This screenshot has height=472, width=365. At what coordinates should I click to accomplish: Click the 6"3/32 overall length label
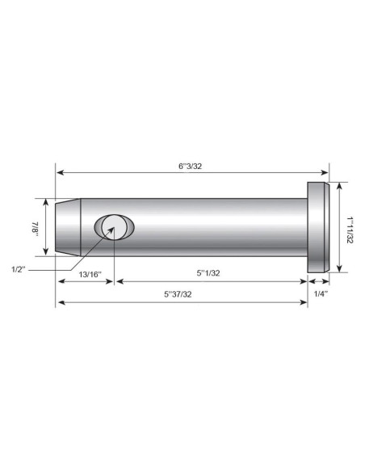[190, 166]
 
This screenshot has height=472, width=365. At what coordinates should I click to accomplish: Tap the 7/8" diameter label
[35, 229]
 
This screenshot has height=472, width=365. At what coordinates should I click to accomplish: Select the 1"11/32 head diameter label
[350, 230]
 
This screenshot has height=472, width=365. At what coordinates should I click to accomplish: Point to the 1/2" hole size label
[19, 269]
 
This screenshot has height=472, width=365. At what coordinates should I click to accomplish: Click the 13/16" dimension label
[90, 275]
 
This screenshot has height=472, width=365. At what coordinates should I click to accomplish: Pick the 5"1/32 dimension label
[208, 273]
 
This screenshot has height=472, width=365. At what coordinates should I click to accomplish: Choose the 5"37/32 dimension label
[178, 294]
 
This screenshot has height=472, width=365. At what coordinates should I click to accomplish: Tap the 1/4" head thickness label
[321, 294]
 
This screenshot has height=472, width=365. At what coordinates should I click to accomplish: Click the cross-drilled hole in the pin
[114, 227]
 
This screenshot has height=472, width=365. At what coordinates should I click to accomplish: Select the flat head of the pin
[318, 227]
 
